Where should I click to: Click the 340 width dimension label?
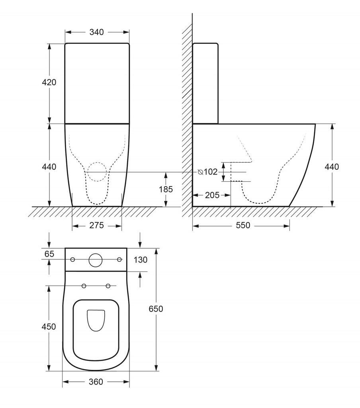(x=96, y=32)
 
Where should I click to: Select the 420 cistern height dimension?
(x=49, y=82)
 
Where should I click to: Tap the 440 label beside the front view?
(x=49, y=167)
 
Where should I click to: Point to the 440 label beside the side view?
(x=332, y=167)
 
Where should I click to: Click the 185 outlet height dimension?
(x=166, y=189)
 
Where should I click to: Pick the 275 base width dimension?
(x=96, y=226)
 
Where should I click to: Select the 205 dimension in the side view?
(x=212, y=195)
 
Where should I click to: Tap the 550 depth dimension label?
(x=243, y=226)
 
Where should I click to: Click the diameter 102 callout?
(x=208, y=172)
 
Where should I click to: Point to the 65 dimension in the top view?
(x=49, y=253)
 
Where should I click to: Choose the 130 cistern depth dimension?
(x=141, y=260)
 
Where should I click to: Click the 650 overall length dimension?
(x=156, y=309)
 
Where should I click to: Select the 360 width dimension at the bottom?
(x=96, y=382)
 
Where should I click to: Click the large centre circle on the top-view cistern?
(x=96, y=260)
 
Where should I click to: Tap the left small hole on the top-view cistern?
(x=72, y=260)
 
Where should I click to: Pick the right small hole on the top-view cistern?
(x=119, y=260)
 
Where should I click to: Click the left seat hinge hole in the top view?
(x=84, y=286)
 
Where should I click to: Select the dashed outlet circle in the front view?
(x=97, y=172)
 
